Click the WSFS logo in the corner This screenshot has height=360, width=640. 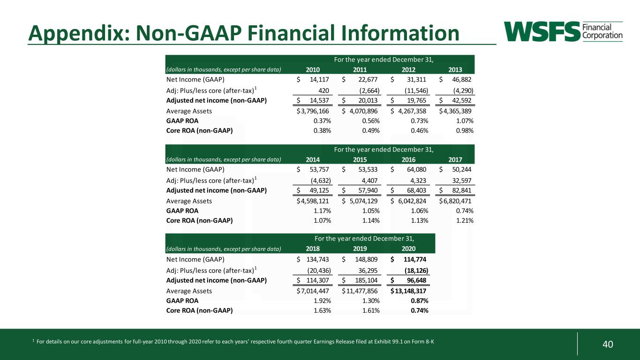click(563, 31)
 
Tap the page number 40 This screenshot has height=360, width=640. click(608, 344)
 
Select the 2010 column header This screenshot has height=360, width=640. click(313, 70)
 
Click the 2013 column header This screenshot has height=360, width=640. click(455, 70)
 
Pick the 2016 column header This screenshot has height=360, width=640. click(408, 160)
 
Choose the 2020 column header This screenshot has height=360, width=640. click(408, 248)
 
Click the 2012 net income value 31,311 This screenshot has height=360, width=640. click(416, 79)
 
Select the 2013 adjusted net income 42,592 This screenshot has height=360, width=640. click(462, 100)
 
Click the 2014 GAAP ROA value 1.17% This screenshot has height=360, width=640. click(322, 211)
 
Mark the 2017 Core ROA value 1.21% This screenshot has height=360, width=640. click(465, 221)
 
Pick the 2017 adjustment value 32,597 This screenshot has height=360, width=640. click(462, 180)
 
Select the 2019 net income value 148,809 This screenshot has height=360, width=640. click(366, 259)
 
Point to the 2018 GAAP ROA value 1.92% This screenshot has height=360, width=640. click(322, 301)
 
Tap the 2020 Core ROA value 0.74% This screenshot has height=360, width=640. click(420, 311)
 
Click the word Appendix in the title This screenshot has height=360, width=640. click(79, 33)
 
